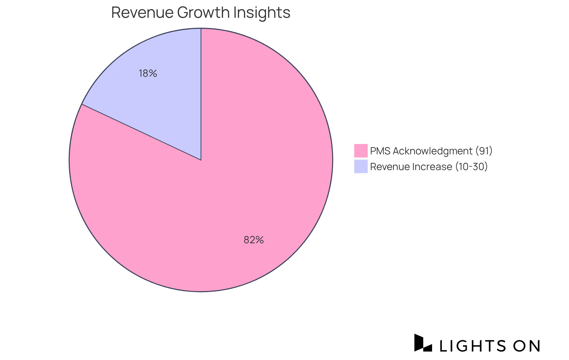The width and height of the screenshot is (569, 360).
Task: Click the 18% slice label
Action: [148, 73]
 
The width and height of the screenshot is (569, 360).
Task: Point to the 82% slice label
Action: [254, 240]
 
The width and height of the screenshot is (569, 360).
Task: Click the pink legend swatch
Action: [361, 151]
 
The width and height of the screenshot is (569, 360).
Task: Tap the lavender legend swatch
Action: [361, 167]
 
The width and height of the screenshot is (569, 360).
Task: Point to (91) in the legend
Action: [484, 151]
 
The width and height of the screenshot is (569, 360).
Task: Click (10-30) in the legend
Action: [471, 167]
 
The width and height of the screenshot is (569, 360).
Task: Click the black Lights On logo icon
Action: [423, 343]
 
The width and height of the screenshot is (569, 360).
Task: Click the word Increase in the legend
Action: [434, 167]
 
